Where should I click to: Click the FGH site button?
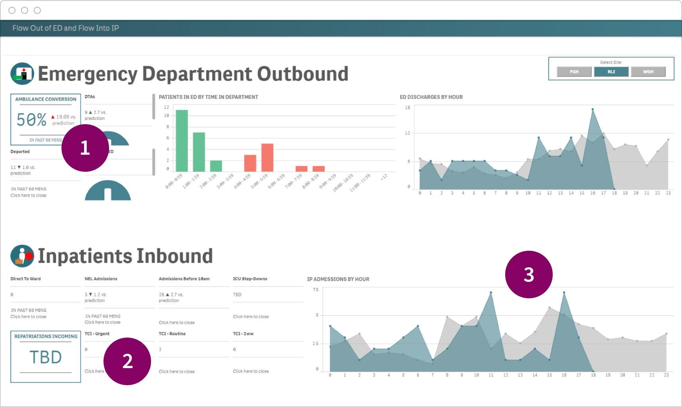(574, 72)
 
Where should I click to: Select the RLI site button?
(611, 72)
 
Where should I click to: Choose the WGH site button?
(648, 72)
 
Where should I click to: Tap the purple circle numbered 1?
(85, 148)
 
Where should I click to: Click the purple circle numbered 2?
(127, 361)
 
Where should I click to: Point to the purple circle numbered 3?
(529, 275)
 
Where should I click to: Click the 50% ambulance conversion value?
(31, 119)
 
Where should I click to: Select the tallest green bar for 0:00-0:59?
(182, 140)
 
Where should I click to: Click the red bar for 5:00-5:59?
(267, 157)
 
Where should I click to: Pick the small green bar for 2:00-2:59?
(216, 166)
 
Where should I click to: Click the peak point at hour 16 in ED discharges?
(592, 109)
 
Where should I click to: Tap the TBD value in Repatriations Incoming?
(46, 357)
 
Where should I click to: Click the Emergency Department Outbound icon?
(22, 74)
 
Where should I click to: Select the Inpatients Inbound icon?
(22, 256)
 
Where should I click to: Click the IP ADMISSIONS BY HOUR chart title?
(338, 279)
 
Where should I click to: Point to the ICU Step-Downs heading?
(250, 279)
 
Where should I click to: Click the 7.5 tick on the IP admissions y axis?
(316, 290)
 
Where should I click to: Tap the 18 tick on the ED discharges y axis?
(407, 108)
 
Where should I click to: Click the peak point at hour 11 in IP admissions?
(491, 293)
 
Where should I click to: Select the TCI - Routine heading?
(172, 334)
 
